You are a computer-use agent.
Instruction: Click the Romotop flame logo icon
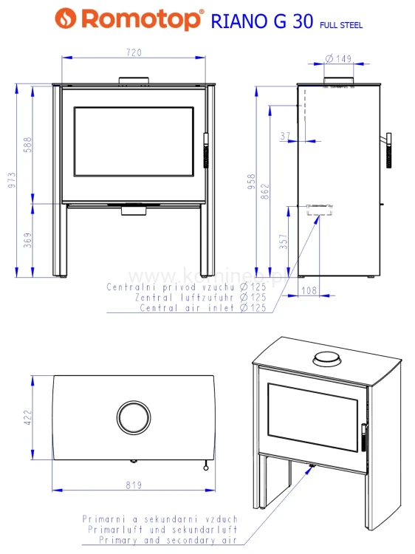pyautogui.click(x=69, y=18)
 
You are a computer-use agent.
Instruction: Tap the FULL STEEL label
pyautogui.click(x=340, y=25)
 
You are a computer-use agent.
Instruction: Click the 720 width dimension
pyautogui.click(x=134, y=52)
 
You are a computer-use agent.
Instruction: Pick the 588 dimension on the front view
pyautogui.click(x=28, y=144)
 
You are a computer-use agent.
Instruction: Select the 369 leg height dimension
pyautogui.click(x=28, y=241)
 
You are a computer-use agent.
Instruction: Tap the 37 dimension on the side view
pyautogui.click(x=286, y=136)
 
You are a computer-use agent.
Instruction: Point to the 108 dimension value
pyautogui.click(x=310, y=291)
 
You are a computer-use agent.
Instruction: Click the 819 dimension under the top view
pyautogui.click(x=134, y=487)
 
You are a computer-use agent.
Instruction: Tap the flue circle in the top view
pyautogui.click(x=134, y=417)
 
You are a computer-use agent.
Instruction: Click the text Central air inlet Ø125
pyautogui.click(x=202, y=307)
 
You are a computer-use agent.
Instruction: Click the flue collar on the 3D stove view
pyautogui.click(x=325, y=360)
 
